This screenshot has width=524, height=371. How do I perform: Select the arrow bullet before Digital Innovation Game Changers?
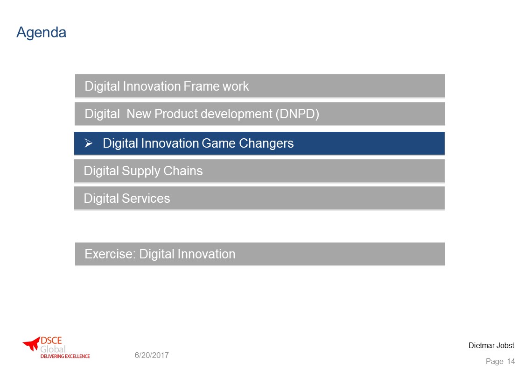[x=89, y=143]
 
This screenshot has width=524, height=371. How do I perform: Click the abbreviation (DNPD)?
[x=297, y=114]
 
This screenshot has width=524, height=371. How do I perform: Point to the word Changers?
[x=266, y=143]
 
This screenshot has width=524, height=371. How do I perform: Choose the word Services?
[x=146, y=199]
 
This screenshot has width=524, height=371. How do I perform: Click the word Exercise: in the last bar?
[x=110, y=254]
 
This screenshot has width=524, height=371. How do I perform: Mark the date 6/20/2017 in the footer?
[x=152, y=355]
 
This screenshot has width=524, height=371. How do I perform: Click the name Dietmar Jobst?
[x=491, y=346]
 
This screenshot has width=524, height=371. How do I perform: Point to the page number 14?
[x=511, y=361]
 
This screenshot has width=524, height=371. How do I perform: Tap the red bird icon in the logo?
[x=31, y=343]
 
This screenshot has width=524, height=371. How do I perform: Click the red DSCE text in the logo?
[x=51, y=341]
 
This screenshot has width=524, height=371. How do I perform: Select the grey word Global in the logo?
[x=53, y=349]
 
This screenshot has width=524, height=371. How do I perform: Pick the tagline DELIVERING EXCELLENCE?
[x=65, y=357]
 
